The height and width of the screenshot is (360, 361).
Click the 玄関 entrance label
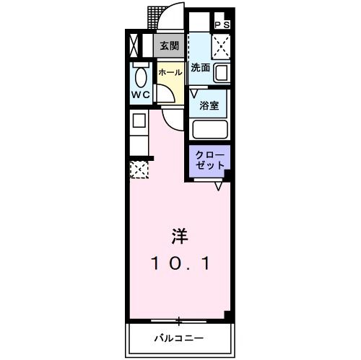(168, 46)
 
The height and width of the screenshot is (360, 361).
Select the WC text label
(139, 95)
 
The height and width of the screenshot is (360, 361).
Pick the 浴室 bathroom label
(209, 104)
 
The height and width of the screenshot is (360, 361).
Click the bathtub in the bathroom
(210, 131)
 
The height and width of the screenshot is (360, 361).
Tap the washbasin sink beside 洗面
(221, 72)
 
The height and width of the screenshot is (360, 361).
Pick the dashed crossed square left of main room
(138, 170)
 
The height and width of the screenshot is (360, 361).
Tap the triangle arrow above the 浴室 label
(194, 92)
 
